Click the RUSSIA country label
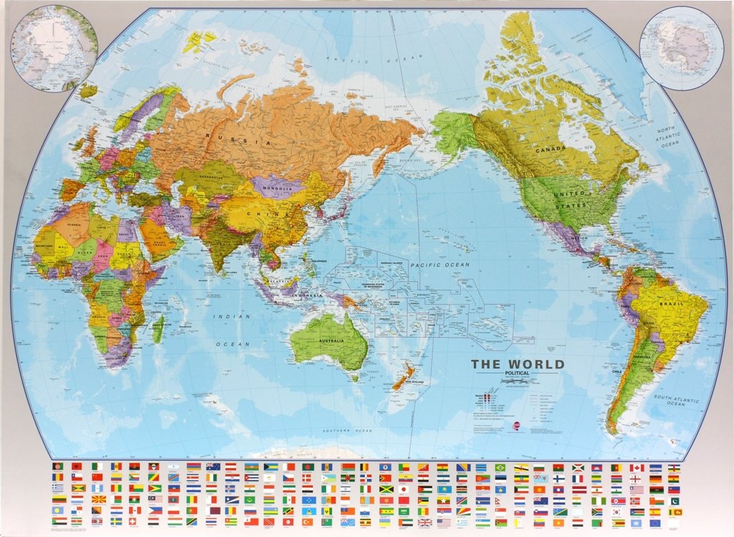coord(239,138)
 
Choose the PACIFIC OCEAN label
coord(440,265)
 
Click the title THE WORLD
coord(518,363)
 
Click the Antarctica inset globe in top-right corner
coord(681,47)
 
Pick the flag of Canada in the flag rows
coord(635,468)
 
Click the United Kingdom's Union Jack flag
coord(423,522)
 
